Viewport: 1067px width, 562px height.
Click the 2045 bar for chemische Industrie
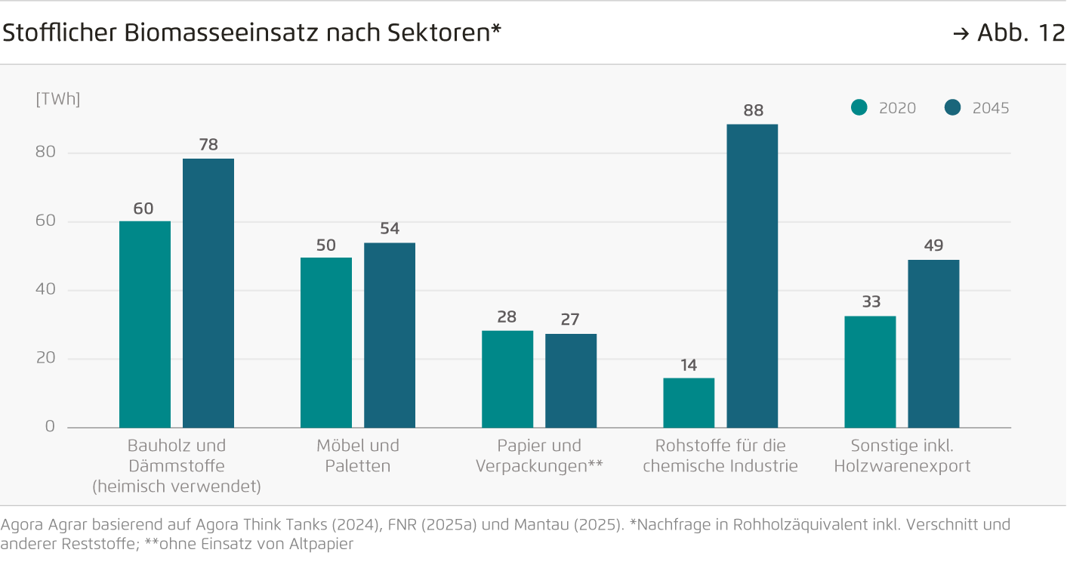(x=752, y=276)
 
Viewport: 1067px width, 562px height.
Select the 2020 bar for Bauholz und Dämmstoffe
(x=145, y=324)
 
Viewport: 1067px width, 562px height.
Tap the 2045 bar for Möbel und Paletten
(x=390, y=335)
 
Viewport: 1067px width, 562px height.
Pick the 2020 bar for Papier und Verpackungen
(x=507, y=378)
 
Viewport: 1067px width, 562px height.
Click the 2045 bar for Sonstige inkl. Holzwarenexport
(x=933, y=344)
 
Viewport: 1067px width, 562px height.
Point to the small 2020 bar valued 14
(x=689, y=403)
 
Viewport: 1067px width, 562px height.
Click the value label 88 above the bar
(x=753, y=111)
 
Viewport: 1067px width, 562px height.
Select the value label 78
(x=208, y=145)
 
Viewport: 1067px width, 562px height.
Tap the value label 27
(x=570, y=320)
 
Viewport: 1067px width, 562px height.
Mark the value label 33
(x=871, y=302)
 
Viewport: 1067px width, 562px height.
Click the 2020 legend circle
(x=859, y=108)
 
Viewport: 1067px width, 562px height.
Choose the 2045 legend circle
(x=953, y=108)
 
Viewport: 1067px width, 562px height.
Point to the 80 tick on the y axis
(x=45, y=153)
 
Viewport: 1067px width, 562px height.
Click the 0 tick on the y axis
(x=50, y=427)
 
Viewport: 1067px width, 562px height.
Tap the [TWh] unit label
(x=58, y=99)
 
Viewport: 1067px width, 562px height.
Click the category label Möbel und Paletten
(x=358, y=455)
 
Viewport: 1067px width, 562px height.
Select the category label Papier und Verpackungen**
(x=539, y=455)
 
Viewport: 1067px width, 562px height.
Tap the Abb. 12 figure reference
(x=1020, y=33)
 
